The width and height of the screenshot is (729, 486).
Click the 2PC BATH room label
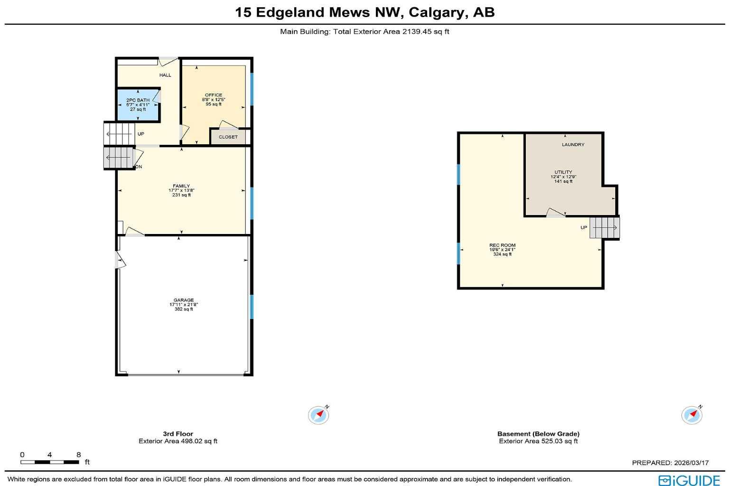(x=138, y=100)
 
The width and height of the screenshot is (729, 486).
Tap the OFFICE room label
(x=214, y=95)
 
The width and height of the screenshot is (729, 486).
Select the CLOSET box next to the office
(x=228, y=137)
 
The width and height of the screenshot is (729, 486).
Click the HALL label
(x=165, y=75)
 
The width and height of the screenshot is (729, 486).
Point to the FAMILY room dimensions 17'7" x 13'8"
(x=181, y=190)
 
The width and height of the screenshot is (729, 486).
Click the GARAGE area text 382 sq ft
(x=183, y=309)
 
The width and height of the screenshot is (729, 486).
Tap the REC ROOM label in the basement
(x=502, y=245)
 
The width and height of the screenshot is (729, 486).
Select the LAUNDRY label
(x=573, y=145)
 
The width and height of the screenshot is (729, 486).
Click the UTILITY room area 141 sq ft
(x=563, y=181)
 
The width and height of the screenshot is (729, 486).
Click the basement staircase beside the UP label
(x=604, y=228)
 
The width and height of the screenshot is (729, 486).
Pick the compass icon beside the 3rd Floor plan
(x=318, y=415)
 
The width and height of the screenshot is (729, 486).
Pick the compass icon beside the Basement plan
(x=692, y=415)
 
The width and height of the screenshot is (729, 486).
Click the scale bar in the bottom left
(x=50, y=462)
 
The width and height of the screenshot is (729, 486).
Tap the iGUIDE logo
(x=689, y=480)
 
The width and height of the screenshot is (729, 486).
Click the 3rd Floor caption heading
(x=178, y=434)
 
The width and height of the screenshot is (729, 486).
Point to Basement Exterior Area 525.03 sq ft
(x=538, y=441)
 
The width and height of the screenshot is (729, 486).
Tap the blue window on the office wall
(x=252, y=89)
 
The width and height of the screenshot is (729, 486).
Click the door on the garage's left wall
(x=120, y=260)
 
